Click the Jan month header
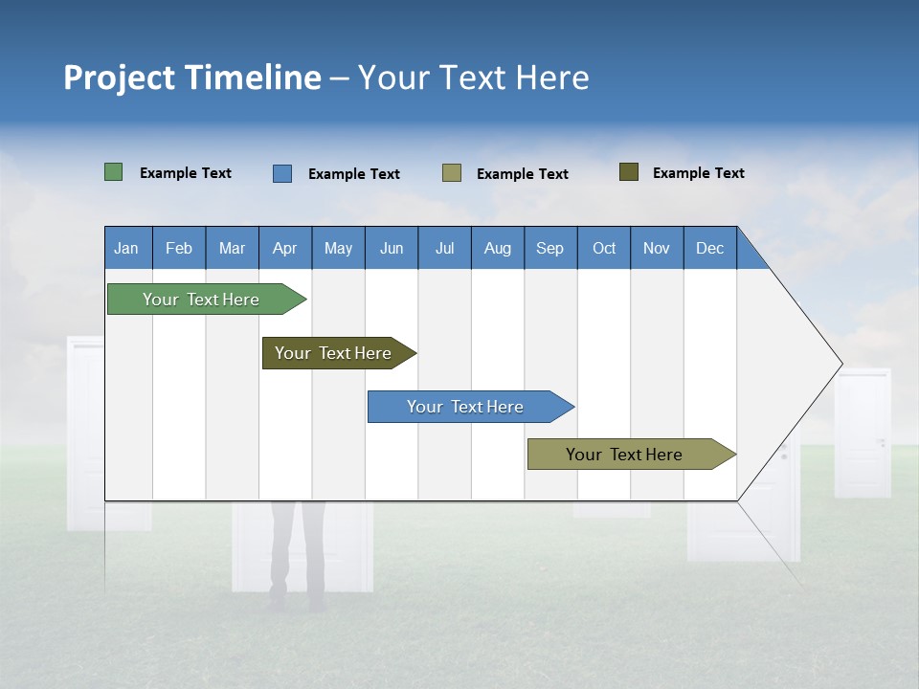pos(126,248)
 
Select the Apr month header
pos(284,248)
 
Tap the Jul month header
pos(444,248)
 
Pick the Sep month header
pos(549,248)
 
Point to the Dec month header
pos(709,248)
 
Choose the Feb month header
pos(179,248)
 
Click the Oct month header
pos(604,248)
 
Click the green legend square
pos(114,172)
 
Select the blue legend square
pos(282,173)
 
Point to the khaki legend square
pos(452,173)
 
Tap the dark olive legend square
pos(629,172)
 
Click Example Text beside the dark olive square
pos(698,173)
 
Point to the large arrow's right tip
pos(840,364)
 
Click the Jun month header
pos(392,248)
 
